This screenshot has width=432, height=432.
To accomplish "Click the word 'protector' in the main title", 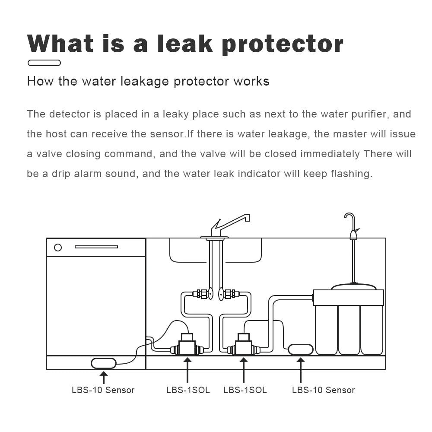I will pyautogui.click(x=282, y=44).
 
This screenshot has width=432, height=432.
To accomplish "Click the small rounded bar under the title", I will pyautogui.click(x=44, y=63).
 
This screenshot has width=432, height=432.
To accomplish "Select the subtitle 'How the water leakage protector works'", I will pyautogui.click(x=148, y=81).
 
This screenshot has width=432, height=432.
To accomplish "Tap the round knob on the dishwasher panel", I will pyautogui.click(x=58, y=248).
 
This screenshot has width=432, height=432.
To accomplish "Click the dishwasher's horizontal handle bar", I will pyautogui.click(x=96, y=247).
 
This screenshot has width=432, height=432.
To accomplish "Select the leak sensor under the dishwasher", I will pyautogui.click(x=104, y=363).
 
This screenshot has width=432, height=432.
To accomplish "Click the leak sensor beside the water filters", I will pyautogui.click(x=300, y=349).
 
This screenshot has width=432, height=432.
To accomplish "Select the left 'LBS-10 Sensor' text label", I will pyautogui.click(x=103, y=390).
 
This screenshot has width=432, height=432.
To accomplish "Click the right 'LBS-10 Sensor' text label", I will pyautogui.click(x=323, y=390).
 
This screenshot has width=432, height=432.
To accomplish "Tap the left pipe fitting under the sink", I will pyautogui.click(x=200, y=294).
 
